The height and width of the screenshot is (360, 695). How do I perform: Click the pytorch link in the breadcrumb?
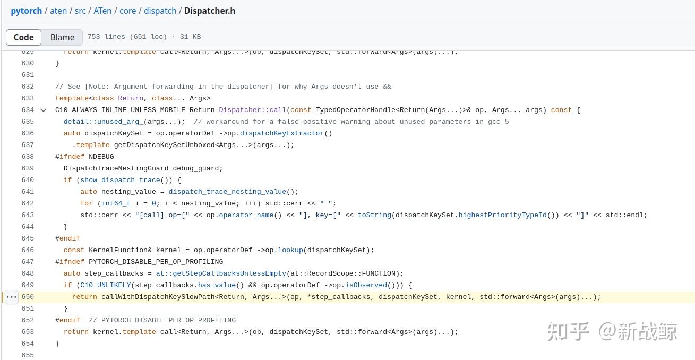26,11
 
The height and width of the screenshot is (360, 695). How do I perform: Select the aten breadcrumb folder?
58,11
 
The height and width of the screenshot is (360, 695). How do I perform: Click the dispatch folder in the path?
160,11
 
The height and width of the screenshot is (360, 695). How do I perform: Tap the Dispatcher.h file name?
210,11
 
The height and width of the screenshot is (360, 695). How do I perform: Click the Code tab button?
23,37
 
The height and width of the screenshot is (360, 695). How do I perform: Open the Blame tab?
62,37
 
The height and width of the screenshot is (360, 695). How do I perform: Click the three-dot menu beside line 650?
11,297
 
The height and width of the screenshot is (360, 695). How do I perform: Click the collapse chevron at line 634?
44,110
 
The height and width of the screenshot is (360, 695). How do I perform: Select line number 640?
28,180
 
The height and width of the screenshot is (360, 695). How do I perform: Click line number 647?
28,262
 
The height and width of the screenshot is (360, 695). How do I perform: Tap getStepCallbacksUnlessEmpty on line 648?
221,273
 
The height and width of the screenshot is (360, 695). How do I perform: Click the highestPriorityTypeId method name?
502,215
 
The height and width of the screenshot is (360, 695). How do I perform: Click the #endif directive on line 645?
67,238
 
